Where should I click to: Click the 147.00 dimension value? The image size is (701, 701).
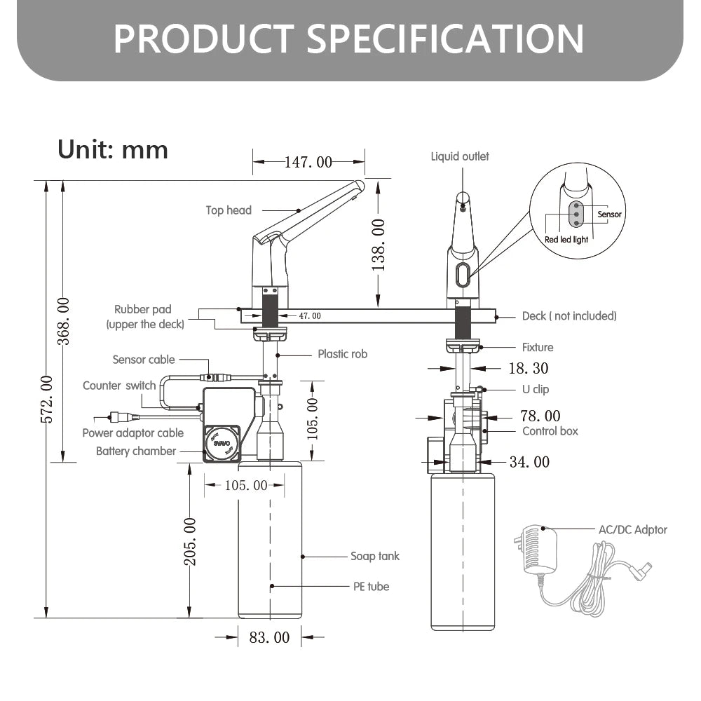click(x=308, y=162)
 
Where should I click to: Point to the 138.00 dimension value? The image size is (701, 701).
click(x=379, y=245)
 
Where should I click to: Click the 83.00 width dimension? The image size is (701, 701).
click(x=269, y=638)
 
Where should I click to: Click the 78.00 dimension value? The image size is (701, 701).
click(x=540, y=416)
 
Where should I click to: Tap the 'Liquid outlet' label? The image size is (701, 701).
click(x=460, y=156)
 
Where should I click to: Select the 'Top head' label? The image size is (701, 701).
click(x=229, y=210)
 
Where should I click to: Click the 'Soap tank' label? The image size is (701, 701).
click(x=375, y=557)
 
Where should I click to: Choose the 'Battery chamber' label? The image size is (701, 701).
click(x=136, y=451)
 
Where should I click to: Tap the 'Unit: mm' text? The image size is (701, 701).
click(x=113, y=149)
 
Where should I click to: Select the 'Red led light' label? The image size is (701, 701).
click(x=566, y=239)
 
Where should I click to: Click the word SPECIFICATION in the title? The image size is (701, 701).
click(x=445, y=39)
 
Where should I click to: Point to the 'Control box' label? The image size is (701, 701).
click(x=550, y=431)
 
